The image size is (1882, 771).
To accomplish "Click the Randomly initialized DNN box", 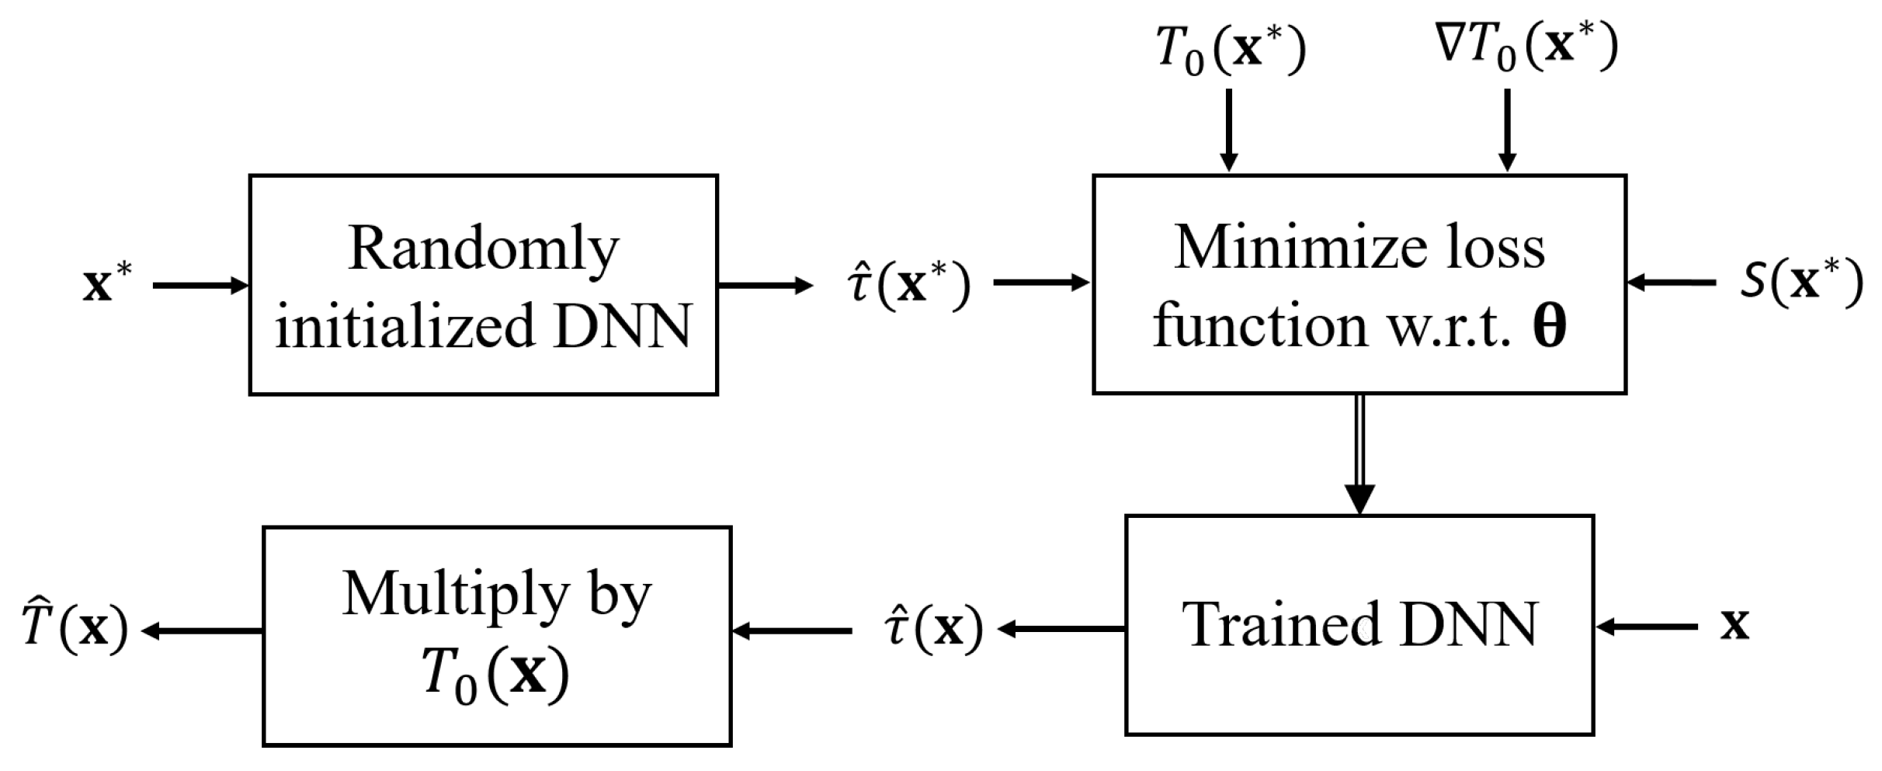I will [x=483, y=285].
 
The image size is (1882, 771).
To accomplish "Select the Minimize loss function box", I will [x=1359, y=285].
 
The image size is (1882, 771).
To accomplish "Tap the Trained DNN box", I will [x=1359, y=625].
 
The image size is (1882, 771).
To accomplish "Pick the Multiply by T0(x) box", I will [x=497, y=636].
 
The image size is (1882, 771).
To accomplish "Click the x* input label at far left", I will [x=107, y=284].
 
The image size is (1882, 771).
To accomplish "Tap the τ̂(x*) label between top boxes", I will [x=908, y=284].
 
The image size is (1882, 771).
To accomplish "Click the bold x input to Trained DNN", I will [x=1734, y=625].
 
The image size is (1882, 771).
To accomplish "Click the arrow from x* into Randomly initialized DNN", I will [x=200, y=286].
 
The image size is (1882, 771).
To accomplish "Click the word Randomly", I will [x=484, y=248].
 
